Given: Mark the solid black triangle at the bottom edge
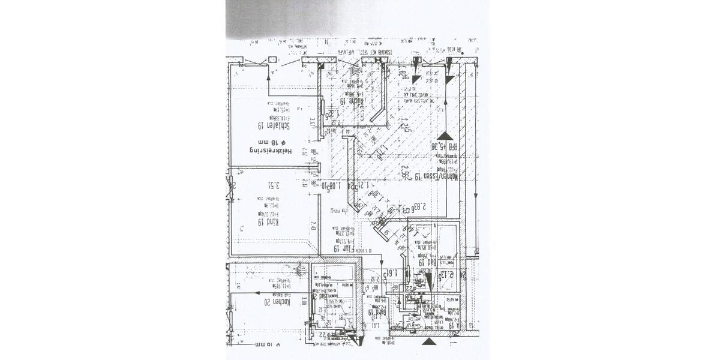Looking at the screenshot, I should click(x=428, y=342).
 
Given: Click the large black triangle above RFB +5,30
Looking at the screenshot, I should click(x=445, y=136).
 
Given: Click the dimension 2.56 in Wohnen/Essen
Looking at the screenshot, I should click(x=407, y=173).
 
